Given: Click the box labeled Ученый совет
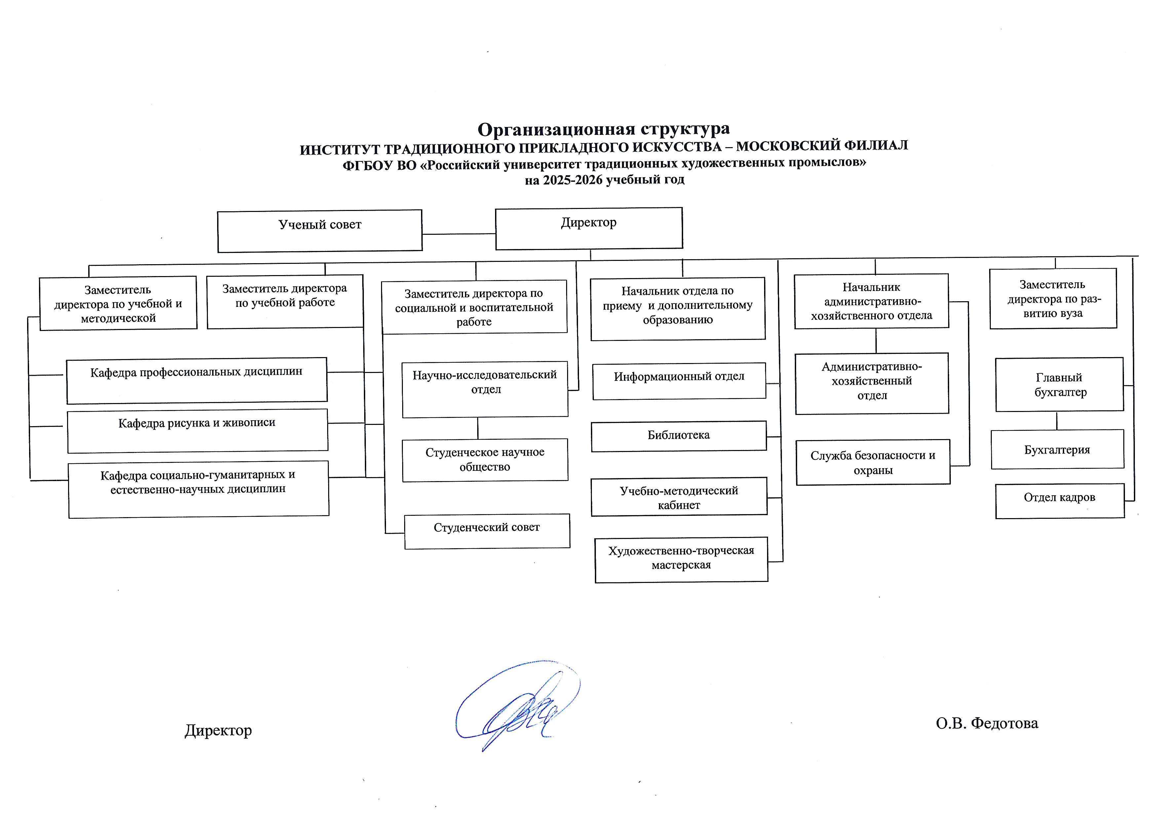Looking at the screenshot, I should click(320, 231).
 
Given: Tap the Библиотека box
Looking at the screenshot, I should click(678, 436).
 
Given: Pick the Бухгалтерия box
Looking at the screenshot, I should click(1057, 449).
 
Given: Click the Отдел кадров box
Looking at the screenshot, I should click(1060, 501).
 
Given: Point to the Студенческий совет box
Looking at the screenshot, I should click(486, 531).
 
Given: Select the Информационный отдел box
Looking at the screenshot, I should click(679, 381).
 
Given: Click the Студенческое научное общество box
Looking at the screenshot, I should click(484, 460).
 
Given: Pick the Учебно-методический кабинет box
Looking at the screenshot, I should click(679, 497).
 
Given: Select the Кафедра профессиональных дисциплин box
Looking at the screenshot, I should click(196, 380).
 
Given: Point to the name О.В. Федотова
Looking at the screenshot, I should click(987, 723).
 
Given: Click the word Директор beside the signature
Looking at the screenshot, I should click(218, 730).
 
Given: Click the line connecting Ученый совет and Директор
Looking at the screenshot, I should click(458, 234).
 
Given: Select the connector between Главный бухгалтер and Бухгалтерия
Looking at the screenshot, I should click(1057, 421).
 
